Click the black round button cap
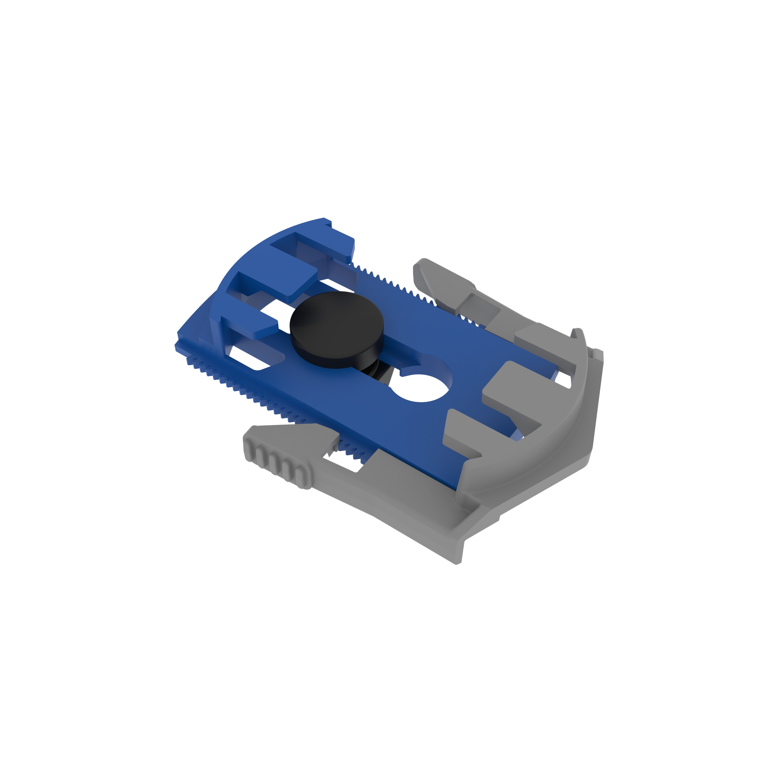tap(336, 324)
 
